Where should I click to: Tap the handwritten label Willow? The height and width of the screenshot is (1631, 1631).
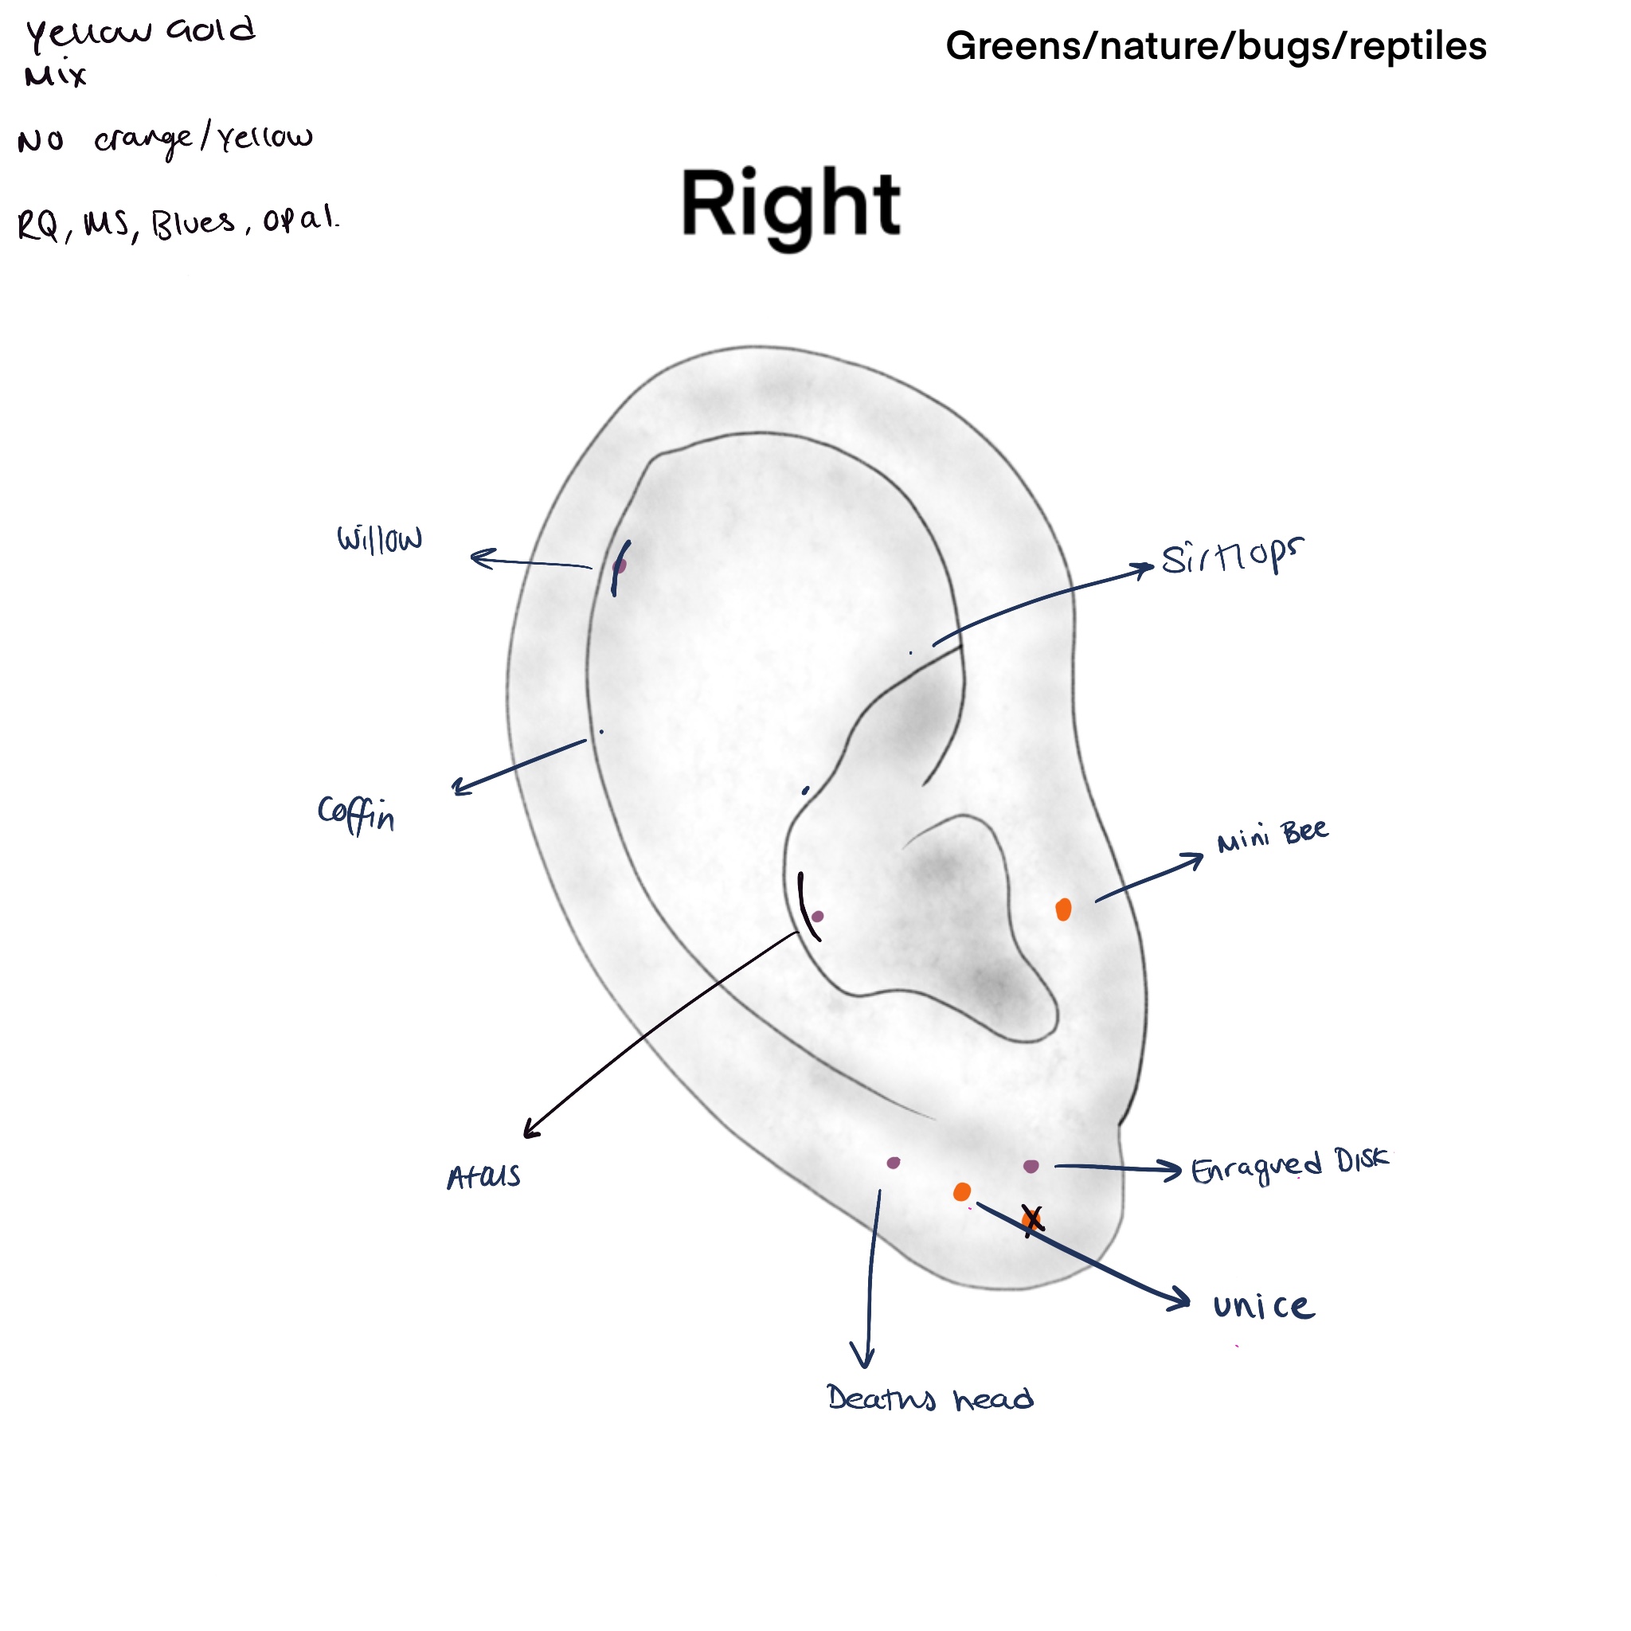point(379,538)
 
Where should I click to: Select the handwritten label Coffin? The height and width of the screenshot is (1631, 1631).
point(355,814)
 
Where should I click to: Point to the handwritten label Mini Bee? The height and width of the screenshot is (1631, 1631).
point(1271,835)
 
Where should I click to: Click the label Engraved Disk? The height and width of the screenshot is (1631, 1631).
point(1289,1166)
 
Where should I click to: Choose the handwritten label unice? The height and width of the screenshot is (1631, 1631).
point(1263,1307)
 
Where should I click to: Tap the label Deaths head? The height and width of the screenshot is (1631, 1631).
point(929,1398)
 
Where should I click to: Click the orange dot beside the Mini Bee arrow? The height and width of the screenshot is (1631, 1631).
point(1064,909)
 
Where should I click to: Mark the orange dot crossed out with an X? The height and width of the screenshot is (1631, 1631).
point(1031,1220)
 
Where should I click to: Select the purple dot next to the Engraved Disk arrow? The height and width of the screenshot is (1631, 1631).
point(1031,1166)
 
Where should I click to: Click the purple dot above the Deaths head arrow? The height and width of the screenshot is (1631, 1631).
point(894,1164)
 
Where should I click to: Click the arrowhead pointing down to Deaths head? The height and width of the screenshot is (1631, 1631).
point(862,1361)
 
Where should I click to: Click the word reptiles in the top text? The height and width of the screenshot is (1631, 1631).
point(1418,46)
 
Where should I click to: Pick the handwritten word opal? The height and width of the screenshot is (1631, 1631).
point(299,220)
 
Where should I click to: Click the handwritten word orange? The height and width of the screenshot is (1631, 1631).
point(142,139)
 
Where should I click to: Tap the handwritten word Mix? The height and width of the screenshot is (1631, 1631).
point(55,76)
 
